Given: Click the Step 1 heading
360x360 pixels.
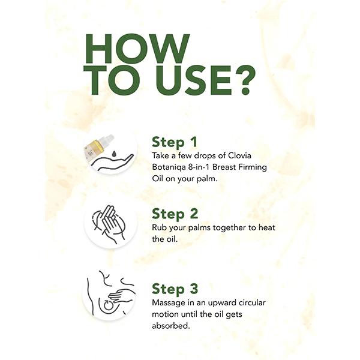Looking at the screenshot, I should (x=174, y=142).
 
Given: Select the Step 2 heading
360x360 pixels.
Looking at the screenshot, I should (x=175, y=214).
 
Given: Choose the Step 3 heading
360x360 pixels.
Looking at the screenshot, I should (x=175, y=288).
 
